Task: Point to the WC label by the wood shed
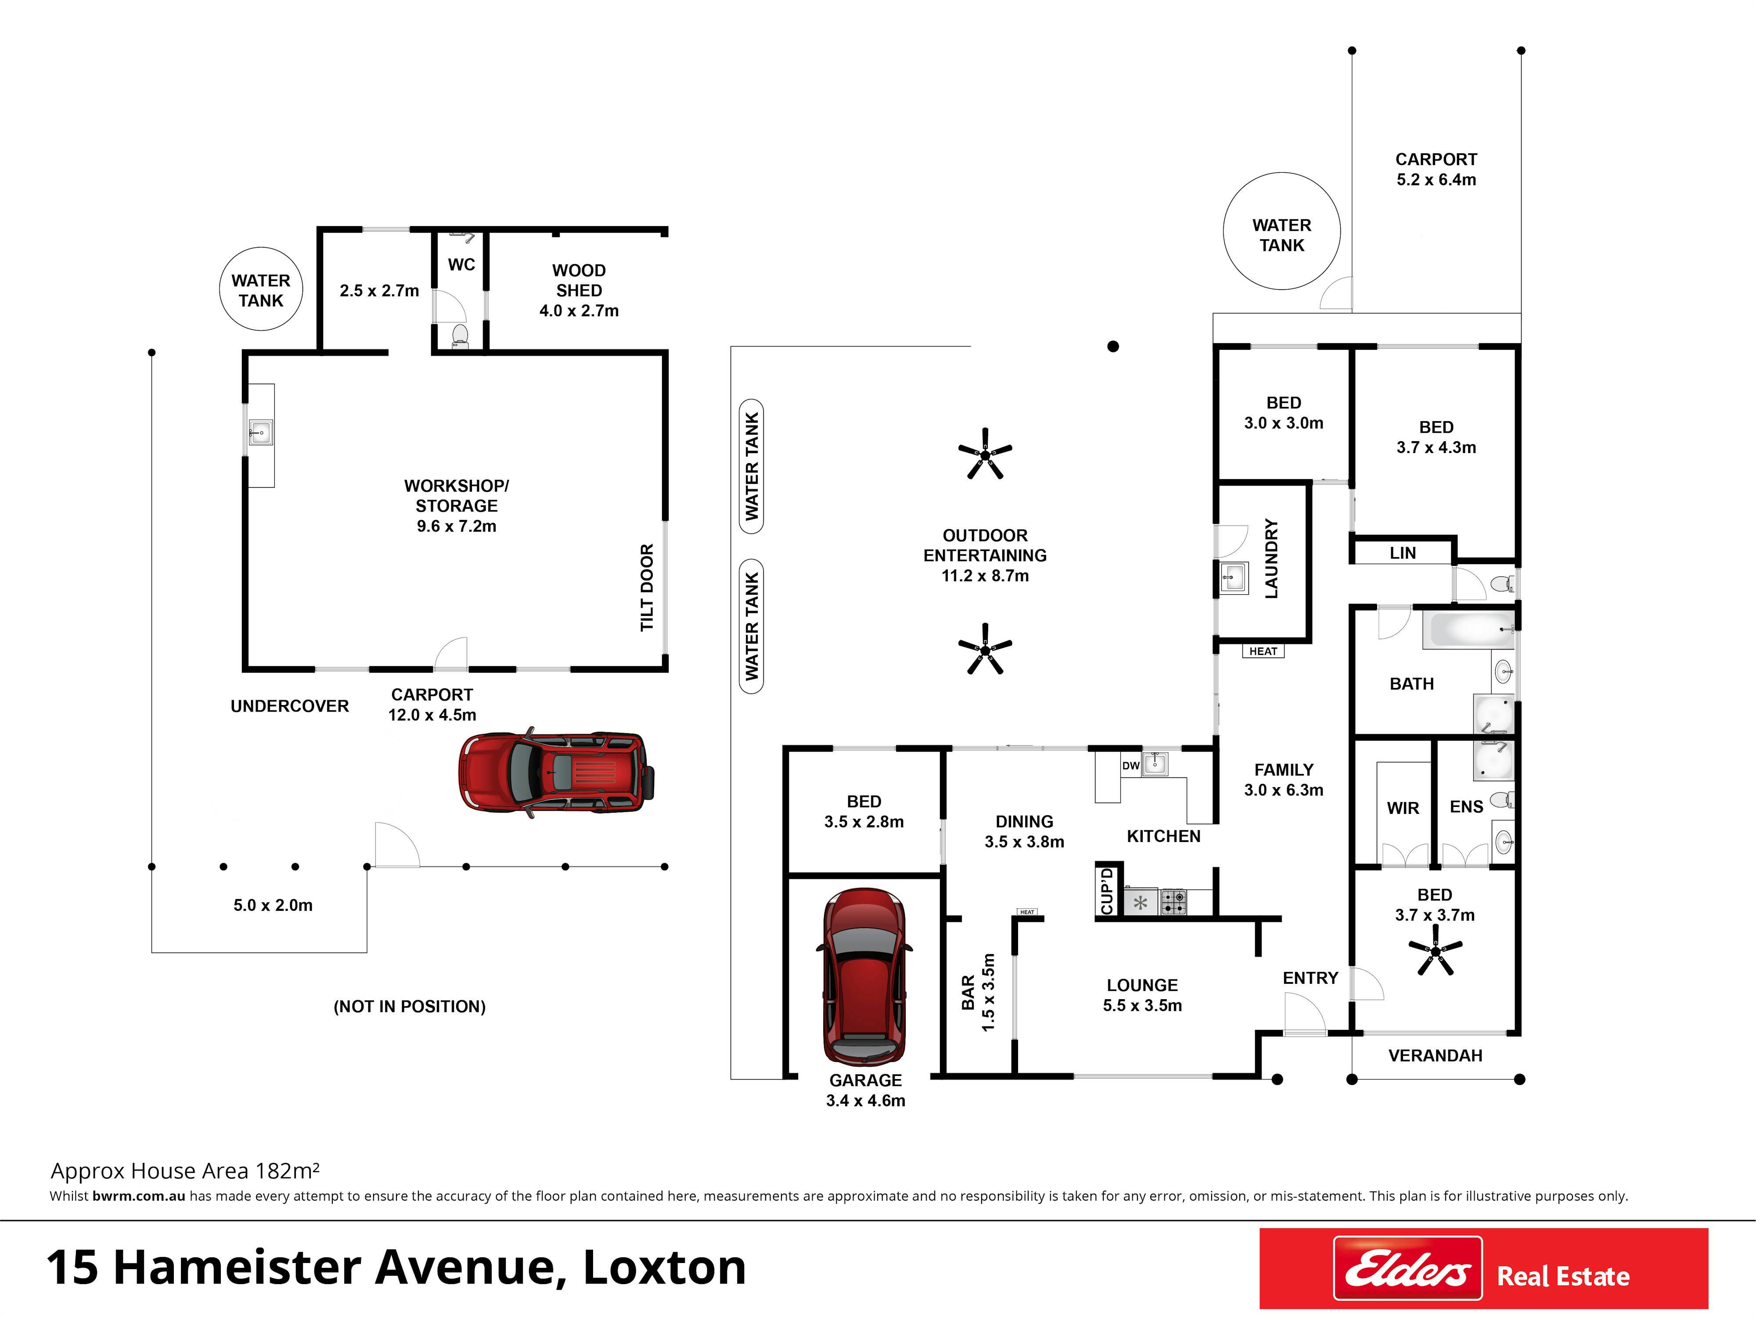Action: pyautogui.click(x=461, y=264)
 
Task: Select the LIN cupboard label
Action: pyautogui.click(x=1403, y=553)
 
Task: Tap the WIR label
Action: pyautogui.click(x=1403, y=808)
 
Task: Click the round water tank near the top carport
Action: pyautogui.click(x=1281, y=231)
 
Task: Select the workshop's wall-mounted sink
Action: pyautogui.click(x=260, y=433)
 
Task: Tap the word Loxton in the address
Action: pyautogui.click(x=665, y=1268)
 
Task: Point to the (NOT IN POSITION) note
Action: pyautogui.click(x=410, y=1007)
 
